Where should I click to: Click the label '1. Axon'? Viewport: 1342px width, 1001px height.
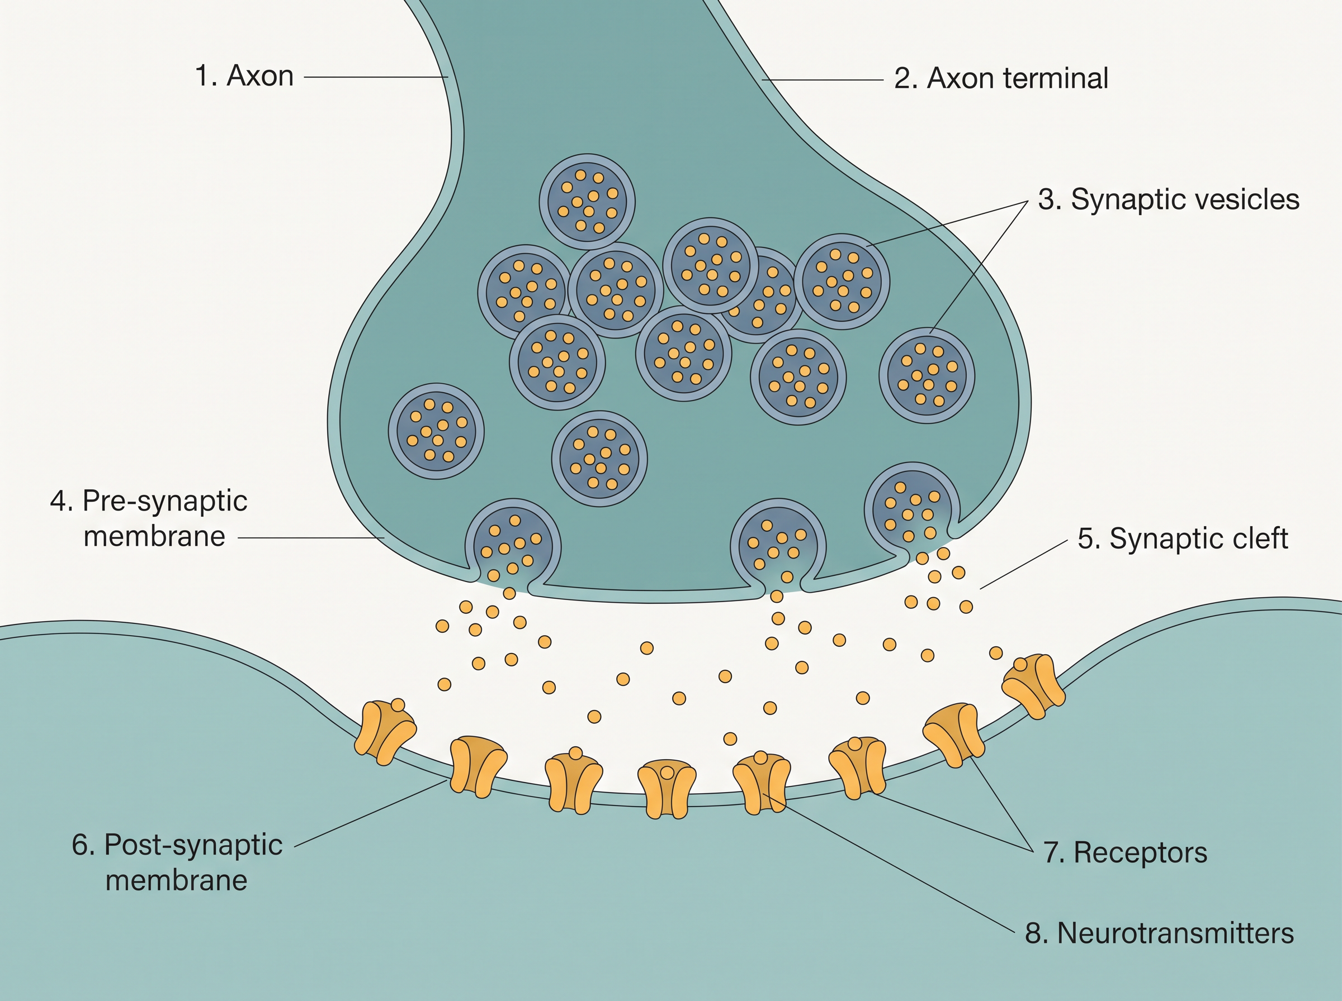(244, 77)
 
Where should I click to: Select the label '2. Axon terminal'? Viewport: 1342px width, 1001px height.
(1001, 79)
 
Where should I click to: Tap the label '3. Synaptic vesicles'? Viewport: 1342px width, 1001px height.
(1169, 200)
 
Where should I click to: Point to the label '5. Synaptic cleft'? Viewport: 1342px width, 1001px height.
(1183, 538)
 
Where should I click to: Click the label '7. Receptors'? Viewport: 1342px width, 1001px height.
(1125, 852)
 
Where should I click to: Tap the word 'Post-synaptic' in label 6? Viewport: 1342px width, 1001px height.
(193, 845)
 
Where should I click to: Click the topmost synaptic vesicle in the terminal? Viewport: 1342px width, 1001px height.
(587, 201)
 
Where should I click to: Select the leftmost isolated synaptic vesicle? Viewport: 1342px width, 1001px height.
(436, 431)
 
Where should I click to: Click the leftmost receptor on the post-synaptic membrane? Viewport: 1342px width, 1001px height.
(385, 732)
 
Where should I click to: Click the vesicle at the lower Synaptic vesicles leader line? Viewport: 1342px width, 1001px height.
(927, 376)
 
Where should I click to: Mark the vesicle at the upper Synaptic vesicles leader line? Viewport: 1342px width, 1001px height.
(842, 282)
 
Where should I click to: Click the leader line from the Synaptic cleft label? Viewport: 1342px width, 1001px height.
(1024, 564)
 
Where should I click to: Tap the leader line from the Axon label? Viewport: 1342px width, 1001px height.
(376, 77)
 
